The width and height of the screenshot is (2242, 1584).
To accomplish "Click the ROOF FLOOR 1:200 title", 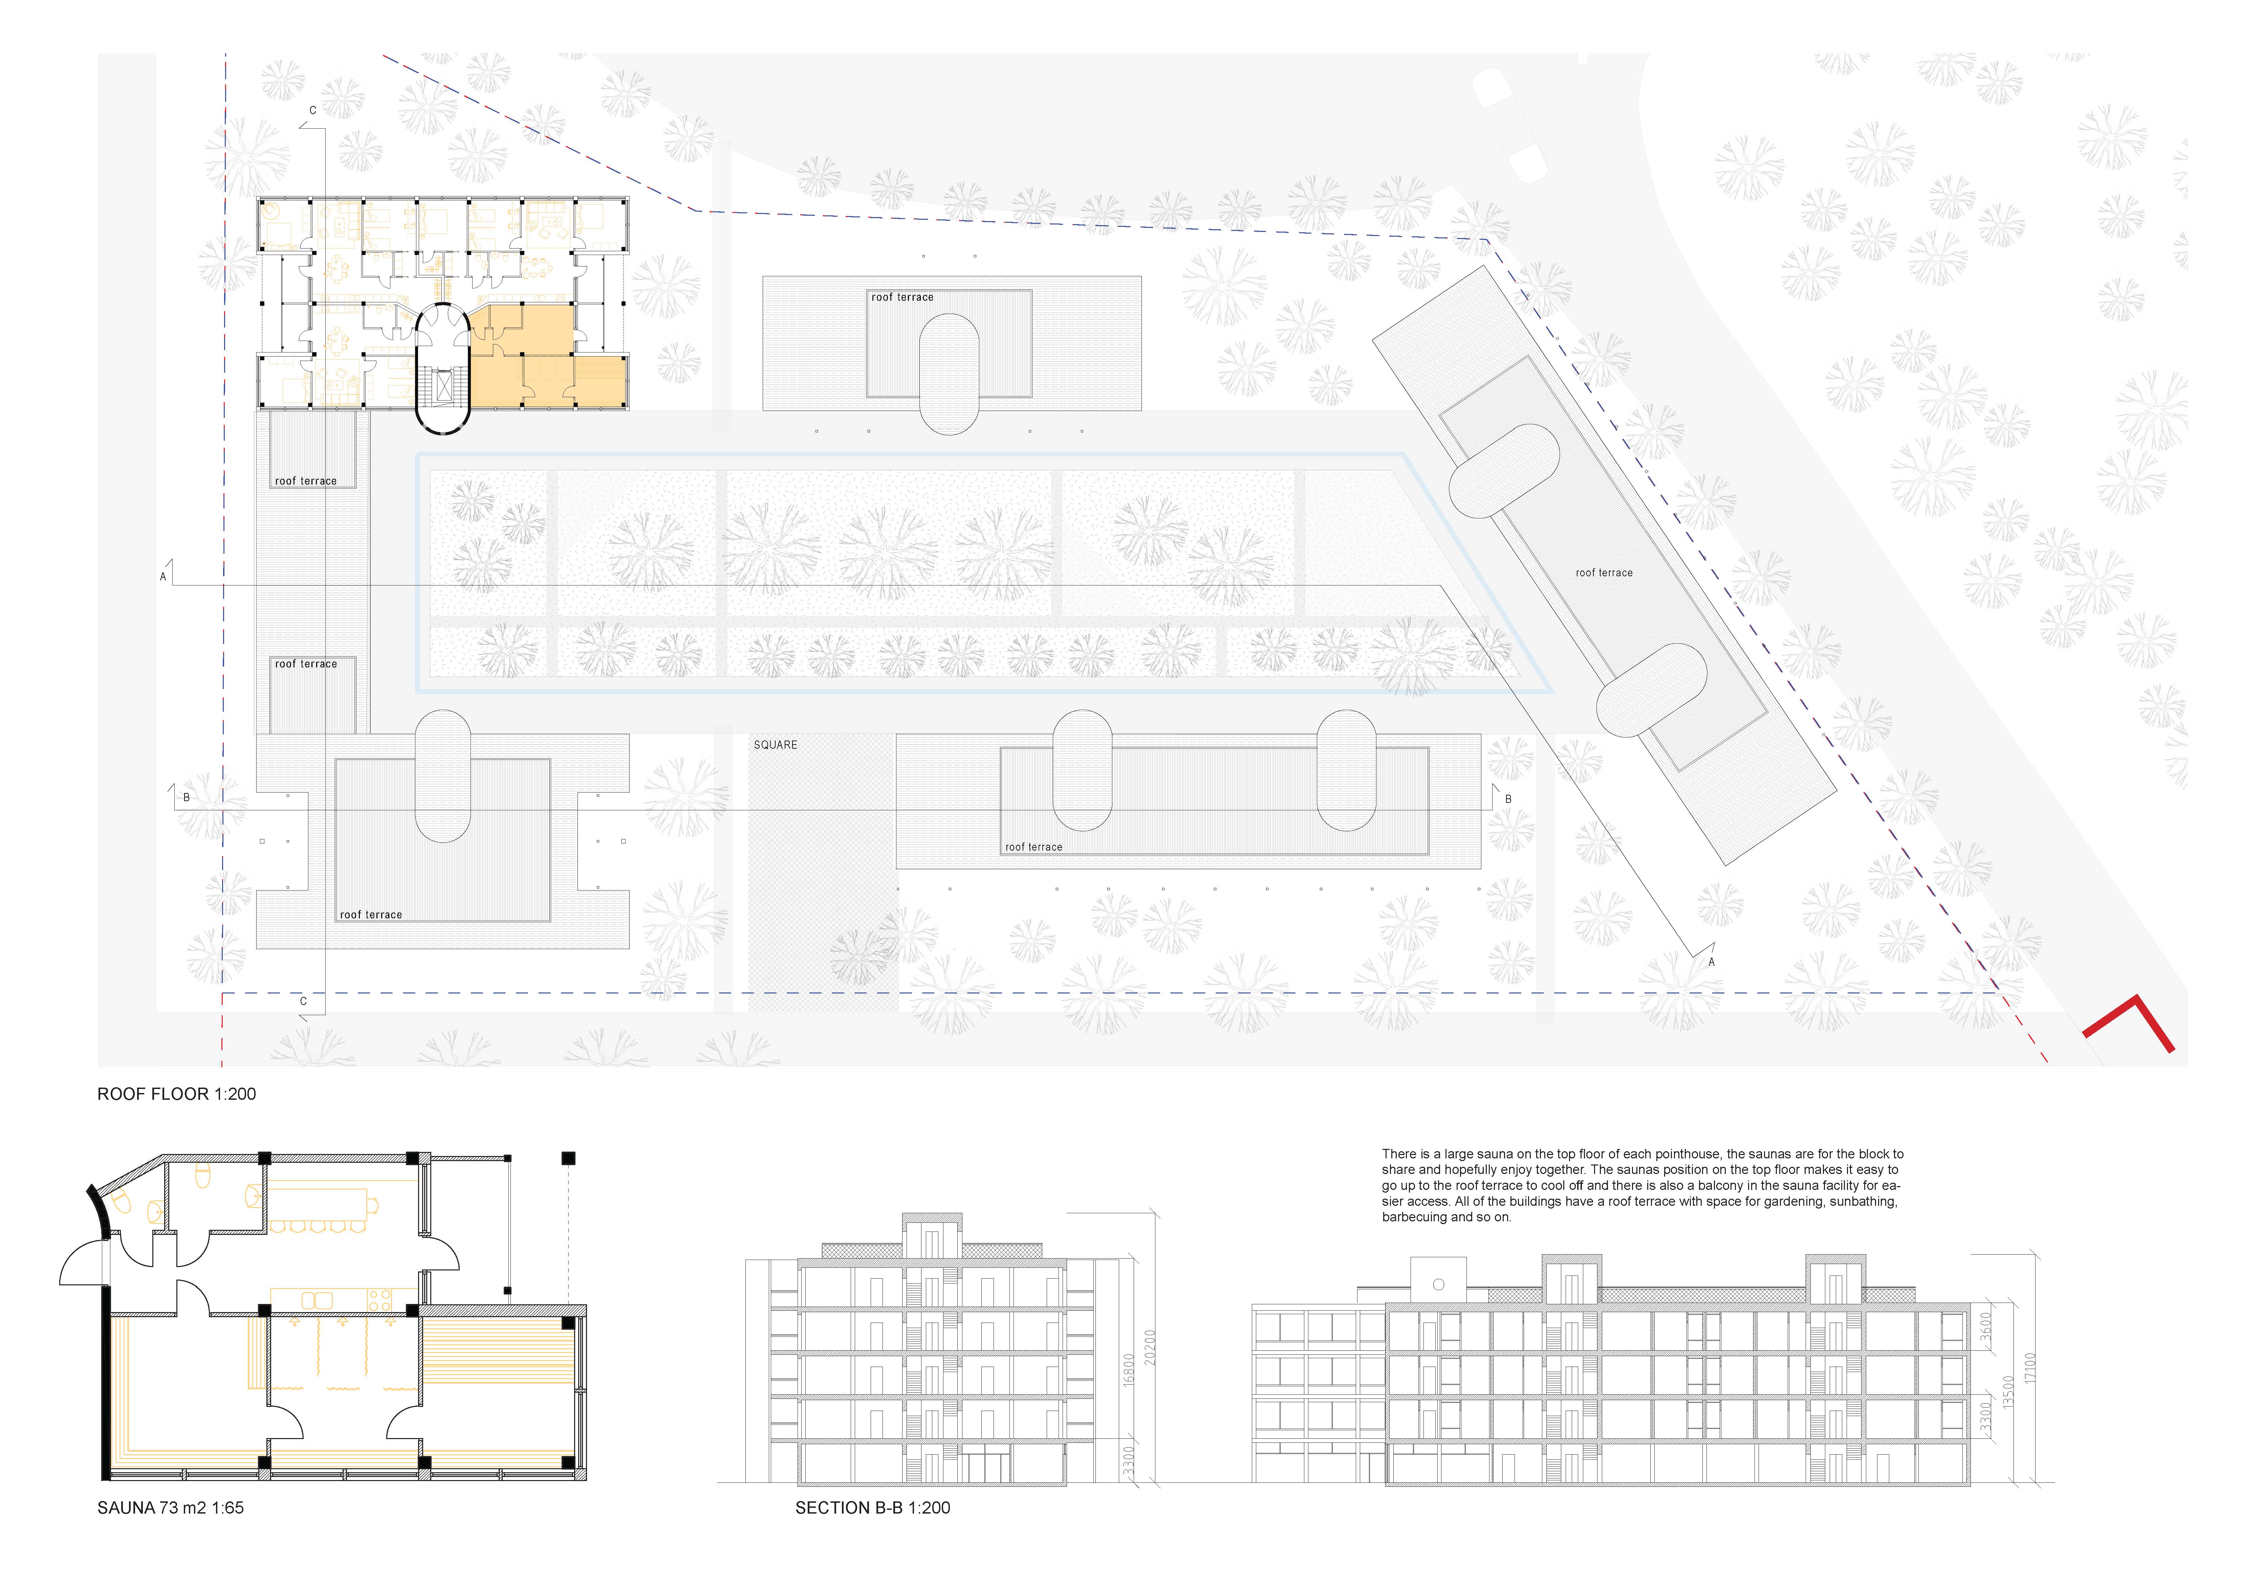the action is coord(177,1094).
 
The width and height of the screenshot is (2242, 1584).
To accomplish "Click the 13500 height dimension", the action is coord(2009,1392).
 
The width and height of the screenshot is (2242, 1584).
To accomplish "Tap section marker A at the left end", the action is coord(163,577).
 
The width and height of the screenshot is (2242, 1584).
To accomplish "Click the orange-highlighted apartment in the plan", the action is coord(547,357).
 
